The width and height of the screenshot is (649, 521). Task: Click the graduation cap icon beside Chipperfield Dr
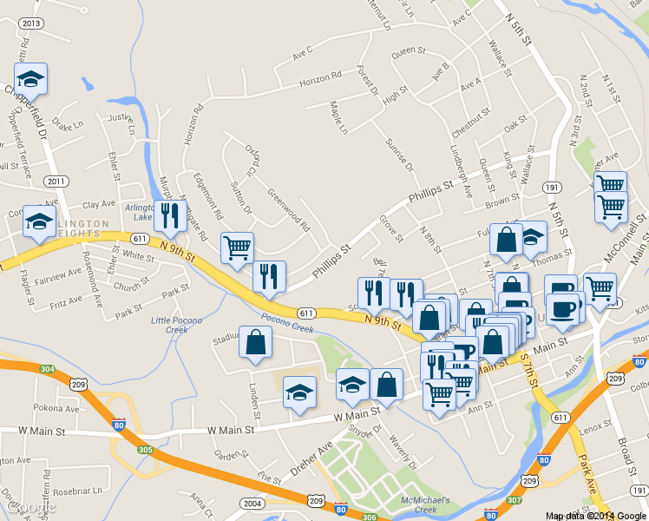31,80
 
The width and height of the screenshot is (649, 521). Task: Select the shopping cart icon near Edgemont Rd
237,248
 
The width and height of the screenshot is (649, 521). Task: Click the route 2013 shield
30,23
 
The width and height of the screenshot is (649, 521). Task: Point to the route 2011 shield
56,181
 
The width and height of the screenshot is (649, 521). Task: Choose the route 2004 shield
252,504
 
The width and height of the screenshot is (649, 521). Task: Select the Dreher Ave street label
312,457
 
